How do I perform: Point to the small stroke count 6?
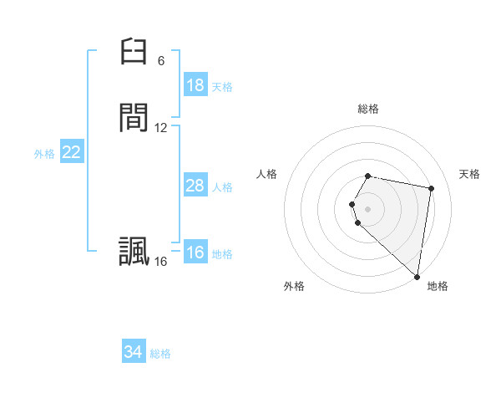tap(161, 61)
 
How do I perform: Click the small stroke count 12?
tap(161, 128)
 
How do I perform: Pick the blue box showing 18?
tap(195, 85)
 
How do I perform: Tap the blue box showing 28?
tap(195, 186)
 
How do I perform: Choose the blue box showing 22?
tap(72, 152)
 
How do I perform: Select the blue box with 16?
tap(195, 253)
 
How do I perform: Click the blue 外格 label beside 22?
tap(44, 154)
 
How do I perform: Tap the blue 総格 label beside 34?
tap(160, 354)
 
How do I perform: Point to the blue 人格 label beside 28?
tap(222, 187)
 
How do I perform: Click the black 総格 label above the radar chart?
tap(368, 109)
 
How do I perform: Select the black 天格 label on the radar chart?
tap(470, 174)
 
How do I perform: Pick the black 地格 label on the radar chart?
tap(438, 286)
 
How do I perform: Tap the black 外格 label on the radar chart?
tap(294, 286)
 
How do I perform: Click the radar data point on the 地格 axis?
tap(417, 276)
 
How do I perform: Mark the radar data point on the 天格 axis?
tap(431, 188)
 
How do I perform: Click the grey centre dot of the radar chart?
tap(368, 208)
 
